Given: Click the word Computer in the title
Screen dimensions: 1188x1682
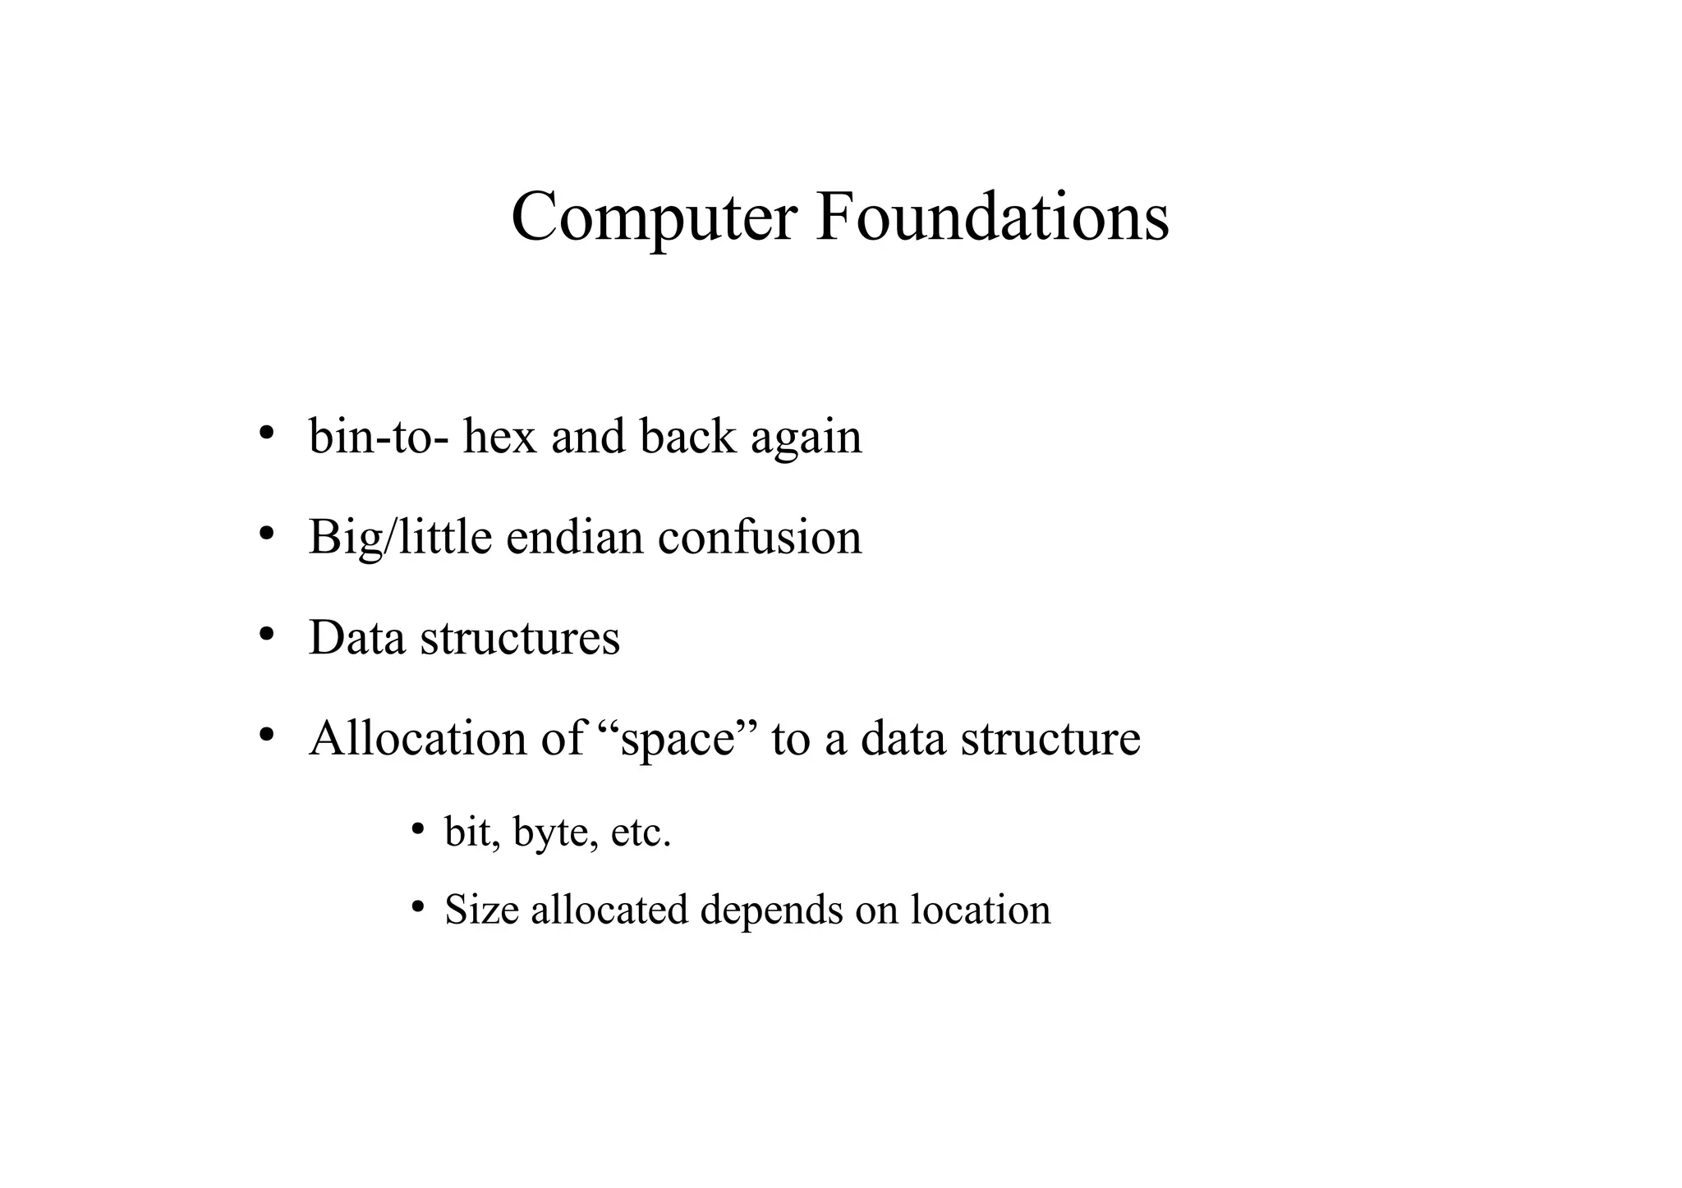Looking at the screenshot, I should point(654,217).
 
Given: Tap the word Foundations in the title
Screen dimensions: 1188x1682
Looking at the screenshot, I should point(992,217).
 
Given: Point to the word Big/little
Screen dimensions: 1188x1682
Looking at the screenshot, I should point(400,538).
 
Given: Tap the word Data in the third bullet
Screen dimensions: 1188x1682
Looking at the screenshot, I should point(356,638).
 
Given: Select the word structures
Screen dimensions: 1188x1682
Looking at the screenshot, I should point(520,638).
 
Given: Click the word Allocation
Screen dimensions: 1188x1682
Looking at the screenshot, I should point(418,738).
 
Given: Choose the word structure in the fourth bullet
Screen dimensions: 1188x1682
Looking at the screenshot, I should point(1050,738).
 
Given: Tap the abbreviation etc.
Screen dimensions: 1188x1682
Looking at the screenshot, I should point(641,833).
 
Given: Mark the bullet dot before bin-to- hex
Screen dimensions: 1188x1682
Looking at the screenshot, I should point(265,433).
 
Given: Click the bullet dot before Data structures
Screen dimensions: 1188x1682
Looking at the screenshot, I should point(265,635).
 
